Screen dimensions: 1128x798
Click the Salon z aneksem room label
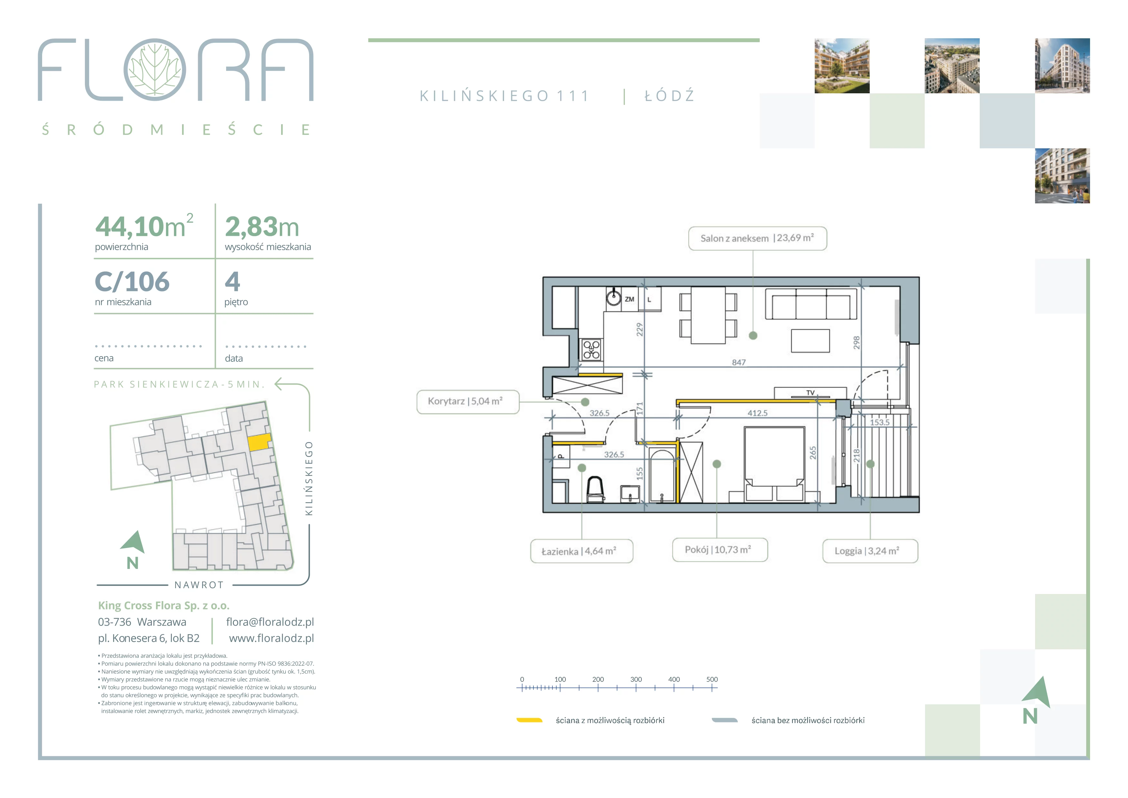tap(757, 238)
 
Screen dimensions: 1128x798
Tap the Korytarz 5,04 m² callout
tap(467, 402)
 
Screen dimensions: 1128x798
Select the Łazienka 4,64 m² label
tap(581, 551)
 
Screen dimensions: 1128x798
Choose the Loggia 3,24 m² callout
tap(870, 551)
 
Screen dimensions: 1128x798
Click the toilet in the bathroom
tap(595, 489)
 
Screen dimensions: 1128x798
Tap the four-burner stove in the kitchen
tap(592, 350)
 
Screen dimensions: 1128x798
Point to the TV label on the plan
tap(810, 393)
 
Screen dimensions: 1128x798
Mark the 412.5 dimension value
tap(757, 413)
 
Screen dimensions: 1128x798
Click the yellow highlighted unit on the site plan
tap(259, 442)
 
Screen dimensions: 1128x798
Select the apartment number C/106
tap(132, 282)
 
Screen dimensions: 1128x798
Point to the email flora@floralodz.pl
tap(270, 622)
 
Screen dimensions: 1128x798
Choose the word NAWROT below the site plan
tap(199, 585)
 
